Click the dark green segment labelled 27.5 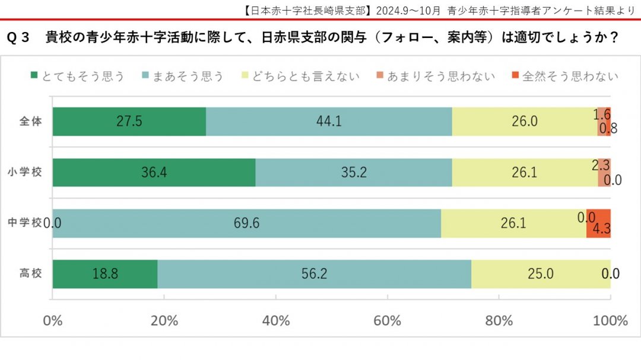pos(129,122)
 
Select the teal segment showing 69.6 pos(247,224)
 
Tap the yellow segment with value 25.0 pos(541,274)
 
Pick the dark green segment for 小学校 pos(154,173)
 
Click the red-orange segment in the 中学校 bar pos(598,224)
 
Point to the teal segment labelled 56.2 pos(315,274)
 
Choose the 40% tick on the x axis pos(275,321)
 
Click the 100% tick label pos(610,321)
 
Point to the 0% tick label pos(53,321)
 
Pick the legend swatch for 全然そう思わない pos(515,76)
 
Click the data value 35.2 pos(354,173)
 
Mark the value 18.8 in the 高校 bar pos(105,274)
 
